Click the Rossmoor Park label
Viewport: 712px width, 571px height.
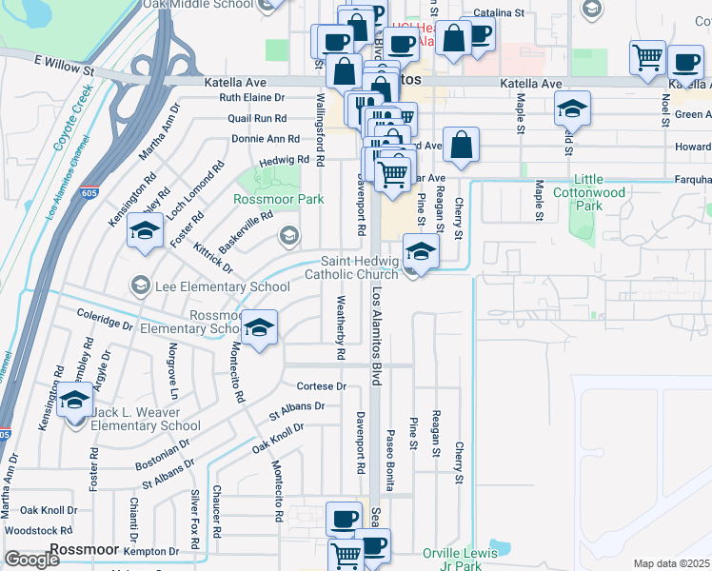click(x=279, y=199)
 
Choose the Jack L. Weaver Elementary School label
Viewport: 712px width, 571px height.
click(x=145, y=419)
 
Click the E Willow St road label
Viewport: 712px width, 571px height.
click(x=64, y=64)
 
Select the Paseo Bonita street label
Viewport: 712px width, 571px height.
click(x=389, y=460)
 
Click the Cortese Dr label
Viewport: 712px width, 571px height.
click(x=321, y=386)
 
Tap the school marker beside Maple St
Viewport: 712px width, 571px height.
click(x=572, y=108)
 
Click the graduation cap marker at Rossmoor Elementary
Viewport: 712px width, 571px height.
click(x=258, y=327)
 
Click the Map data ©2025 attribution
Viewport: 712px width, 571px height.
click(x=671, y=563)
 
